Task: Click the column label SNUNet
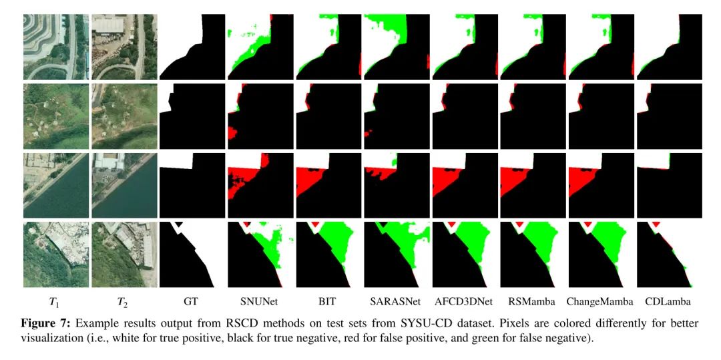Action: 260,301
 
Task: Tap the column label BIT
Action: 328,301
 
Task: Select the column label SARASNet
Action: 396,301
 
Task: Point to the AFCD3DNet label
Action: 465,301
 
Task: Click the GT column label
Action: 191,301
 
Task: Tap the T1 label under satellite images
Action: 55,302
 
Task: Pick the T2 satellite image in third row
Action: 124,184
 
